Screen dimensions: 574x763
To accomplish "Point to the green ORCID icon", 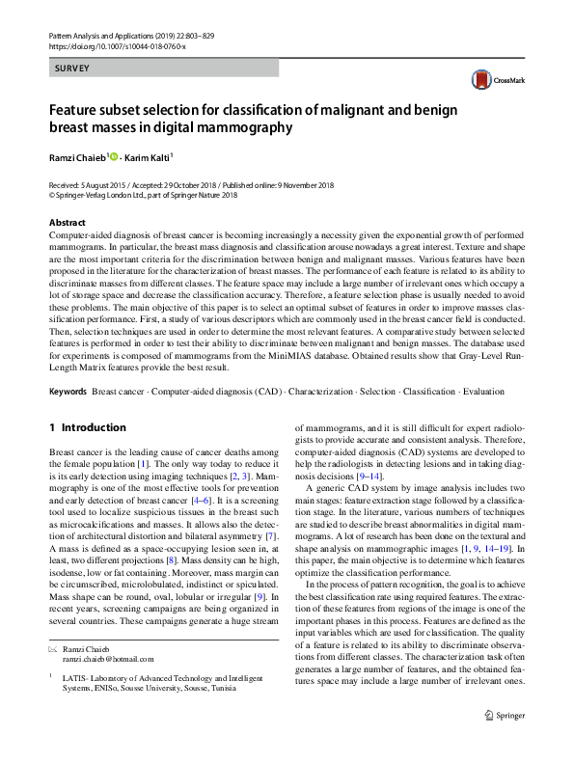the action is pyautogui.click(x=114, y=155).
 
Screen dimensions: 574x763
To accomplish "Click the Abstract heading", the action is pyautogui.click(x=67, y=223).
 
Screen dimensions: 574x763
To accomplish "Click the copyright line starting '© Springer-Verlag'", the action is pyautogui.click(x=142, y=194).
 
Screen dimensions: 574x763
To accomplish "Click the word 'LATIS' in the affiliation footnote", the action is pyautogui.click(x=73, y=677).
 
